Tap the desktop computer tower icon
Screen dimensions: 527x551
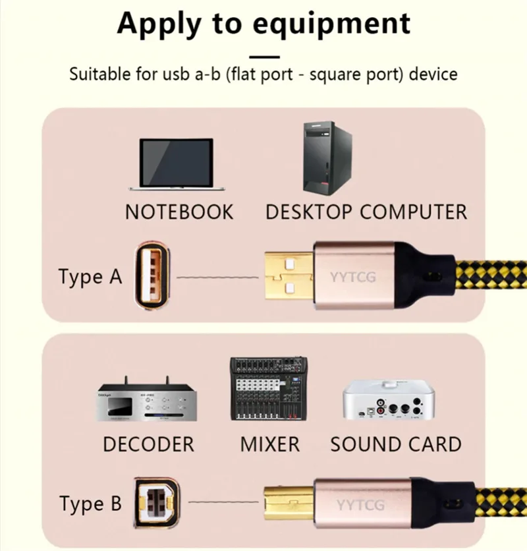click(327, 158)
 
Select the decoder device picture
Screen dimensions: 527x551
click(146, 399)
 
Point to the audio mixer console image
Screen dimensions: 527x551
click(269, 389)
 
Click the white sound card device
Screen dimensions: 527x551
click(389, 399)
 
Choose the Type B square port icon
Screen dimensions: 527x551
click(157, 502)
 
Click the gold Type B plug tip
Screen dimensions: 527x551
click(289, 503)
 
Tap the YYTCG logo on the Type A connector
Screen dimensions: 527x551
click(352, 277)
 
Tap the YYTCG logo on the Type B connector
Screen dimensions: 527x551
click(360, 505)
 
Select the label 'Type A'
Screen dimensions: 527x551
click(90, 277)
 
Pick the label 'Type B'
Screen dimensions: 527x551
click(91, 504)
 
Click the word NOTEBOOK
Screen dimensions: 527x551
click(179, 212)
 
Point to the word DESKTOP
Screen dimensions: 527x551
click(309, 212)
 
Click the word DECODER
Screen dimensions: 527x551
click(149, 444)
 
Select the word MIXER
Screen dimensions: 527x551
click(270, 444)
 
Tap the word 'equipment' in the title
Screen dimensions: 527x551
click(331, 24)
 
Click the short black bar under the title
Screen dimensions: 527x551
click(265, 57)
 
